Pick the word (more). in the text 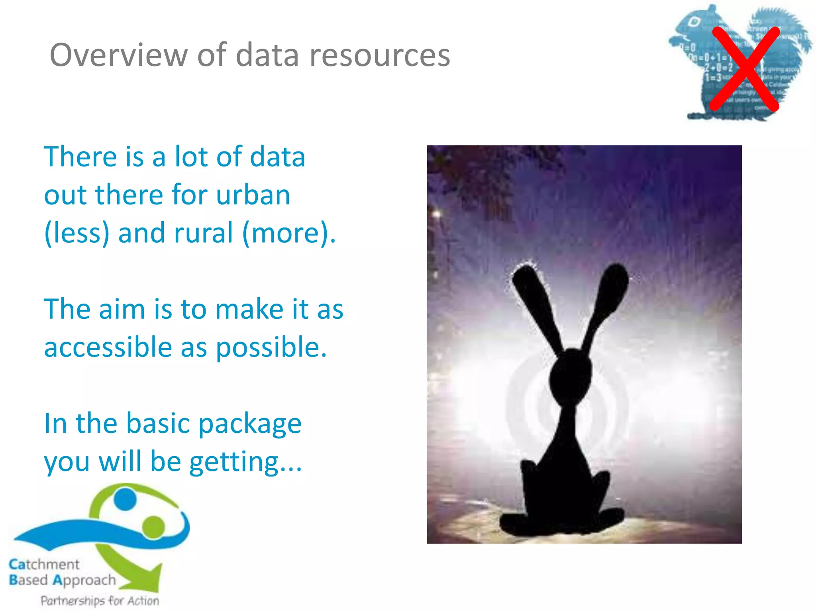coord(289,233)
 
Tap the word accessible coord(108,347)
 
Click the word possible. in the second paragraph coord(271,347)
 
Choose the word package coord(250,424)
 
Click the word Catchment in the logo coord(44,564)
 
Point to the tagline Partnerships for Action coord(100,600)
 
